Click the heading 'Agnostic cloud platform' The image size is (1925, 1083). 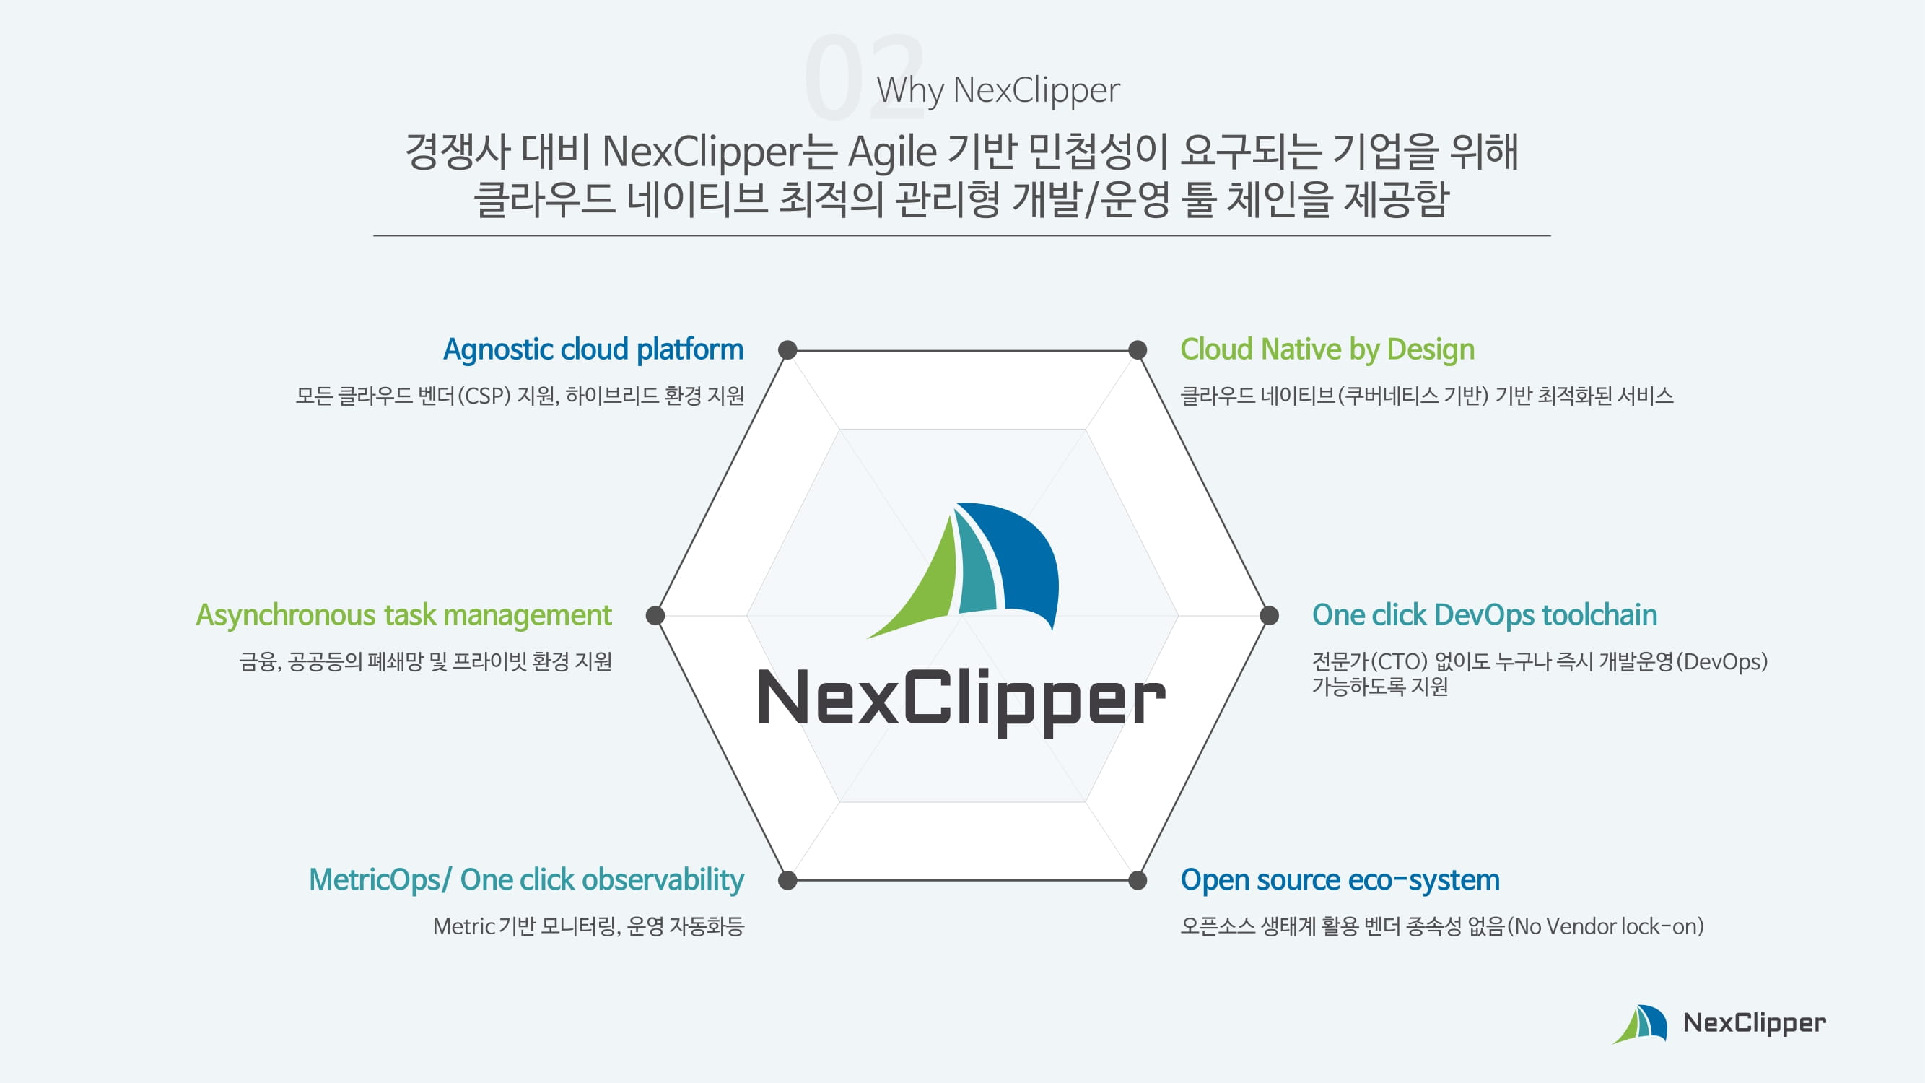(x=593, y=349)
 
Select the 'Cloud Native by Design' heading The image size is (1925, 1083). (x=1327, y=349)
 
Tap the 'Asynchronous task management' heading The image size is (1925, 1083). (x=403, y=615)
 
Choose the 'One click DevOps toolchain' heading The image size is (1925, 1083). (x=1484, y=615)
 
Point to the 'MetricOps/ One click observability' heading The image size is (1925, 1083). (x=526, y=879)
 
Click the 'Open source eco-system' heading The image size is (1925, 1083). (x=1340, y=879)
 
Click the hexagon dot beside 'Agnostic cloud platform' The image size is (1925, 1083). (x=787, y=349)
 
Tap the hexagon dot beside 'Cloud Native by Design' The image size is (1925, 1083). (x=1138, y=349)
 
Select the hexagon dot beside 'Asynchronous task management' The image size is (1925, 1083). (x=655, y=615)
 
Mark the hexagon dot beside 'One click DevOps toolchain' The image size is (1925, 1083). (x=1269, y=615)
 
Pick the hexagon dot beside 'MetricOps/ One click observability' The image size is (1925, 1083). (x=787, y=880)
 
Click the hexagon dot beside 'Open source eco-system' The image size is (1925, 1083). (x=1138, y=880)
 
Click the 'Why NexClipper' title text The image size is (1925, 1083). (x=998, y=90)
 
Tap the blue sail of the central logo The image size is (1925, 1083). (x=1020, y=557)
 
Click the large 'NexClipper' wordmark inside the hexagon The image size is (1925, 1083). (x=961, y=699)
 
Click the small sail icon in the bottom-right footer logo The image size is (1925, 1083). (x=1641, y=1024)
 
